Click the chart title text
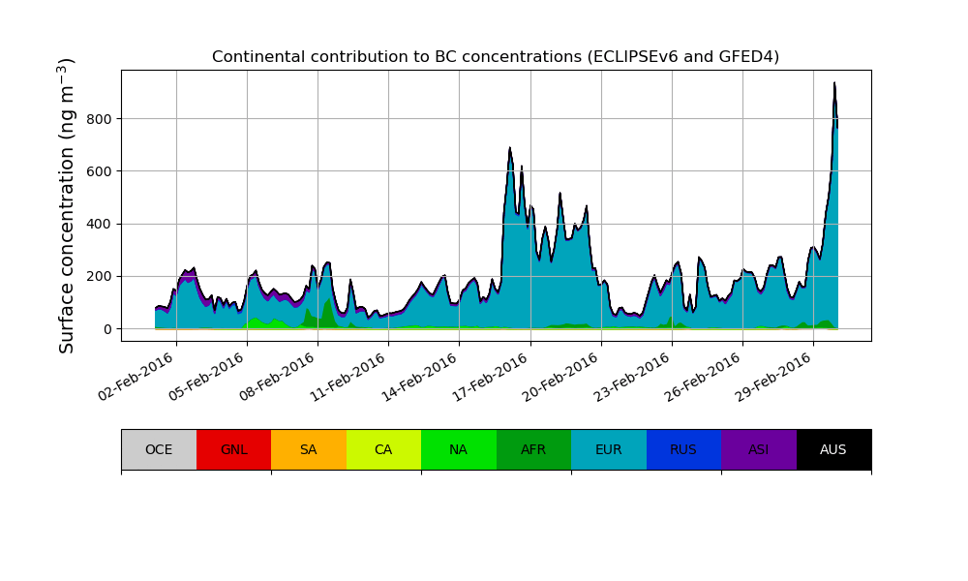click(x=496, y=57)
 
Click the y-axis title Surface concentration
click(x=67, y=205)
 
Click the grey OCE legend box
click(x=159, y=449)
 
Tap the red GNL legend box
click(x=233, y=449)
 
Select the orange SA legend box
click(x=309, y=449)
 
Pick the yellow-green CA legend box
click(x=383, y=449)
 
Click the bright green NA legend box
click(x=459, y=449)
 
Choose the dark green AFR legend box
click(x=533, y=449)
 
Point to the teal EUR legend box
click(x=609, y=449)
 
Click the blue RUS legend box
click(x=683, y=449)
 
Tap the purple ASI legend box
click(x=759, y=449)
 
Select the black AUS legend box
click(x=833, y=449)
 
